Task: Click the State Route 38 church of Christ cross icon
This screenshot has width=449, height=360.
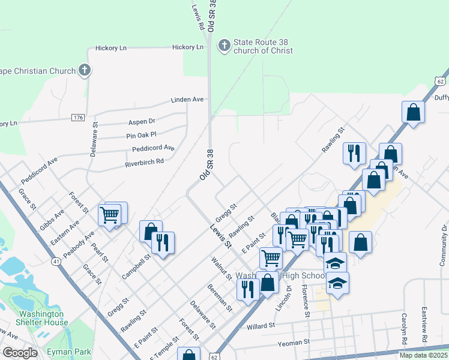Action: [223, 46]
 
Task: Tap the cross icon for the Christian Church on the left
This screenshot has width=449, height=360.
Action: [85, 70]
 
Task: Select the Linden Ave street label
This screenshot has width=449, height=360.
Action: [187, 99]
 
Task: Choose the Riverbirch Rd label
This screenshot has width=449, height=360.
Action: [144, 162]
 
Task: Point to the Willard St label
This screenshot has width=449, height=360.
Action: [261, 326]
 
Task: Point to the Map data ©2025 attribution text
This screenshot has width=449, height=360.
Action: [423, 355]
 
